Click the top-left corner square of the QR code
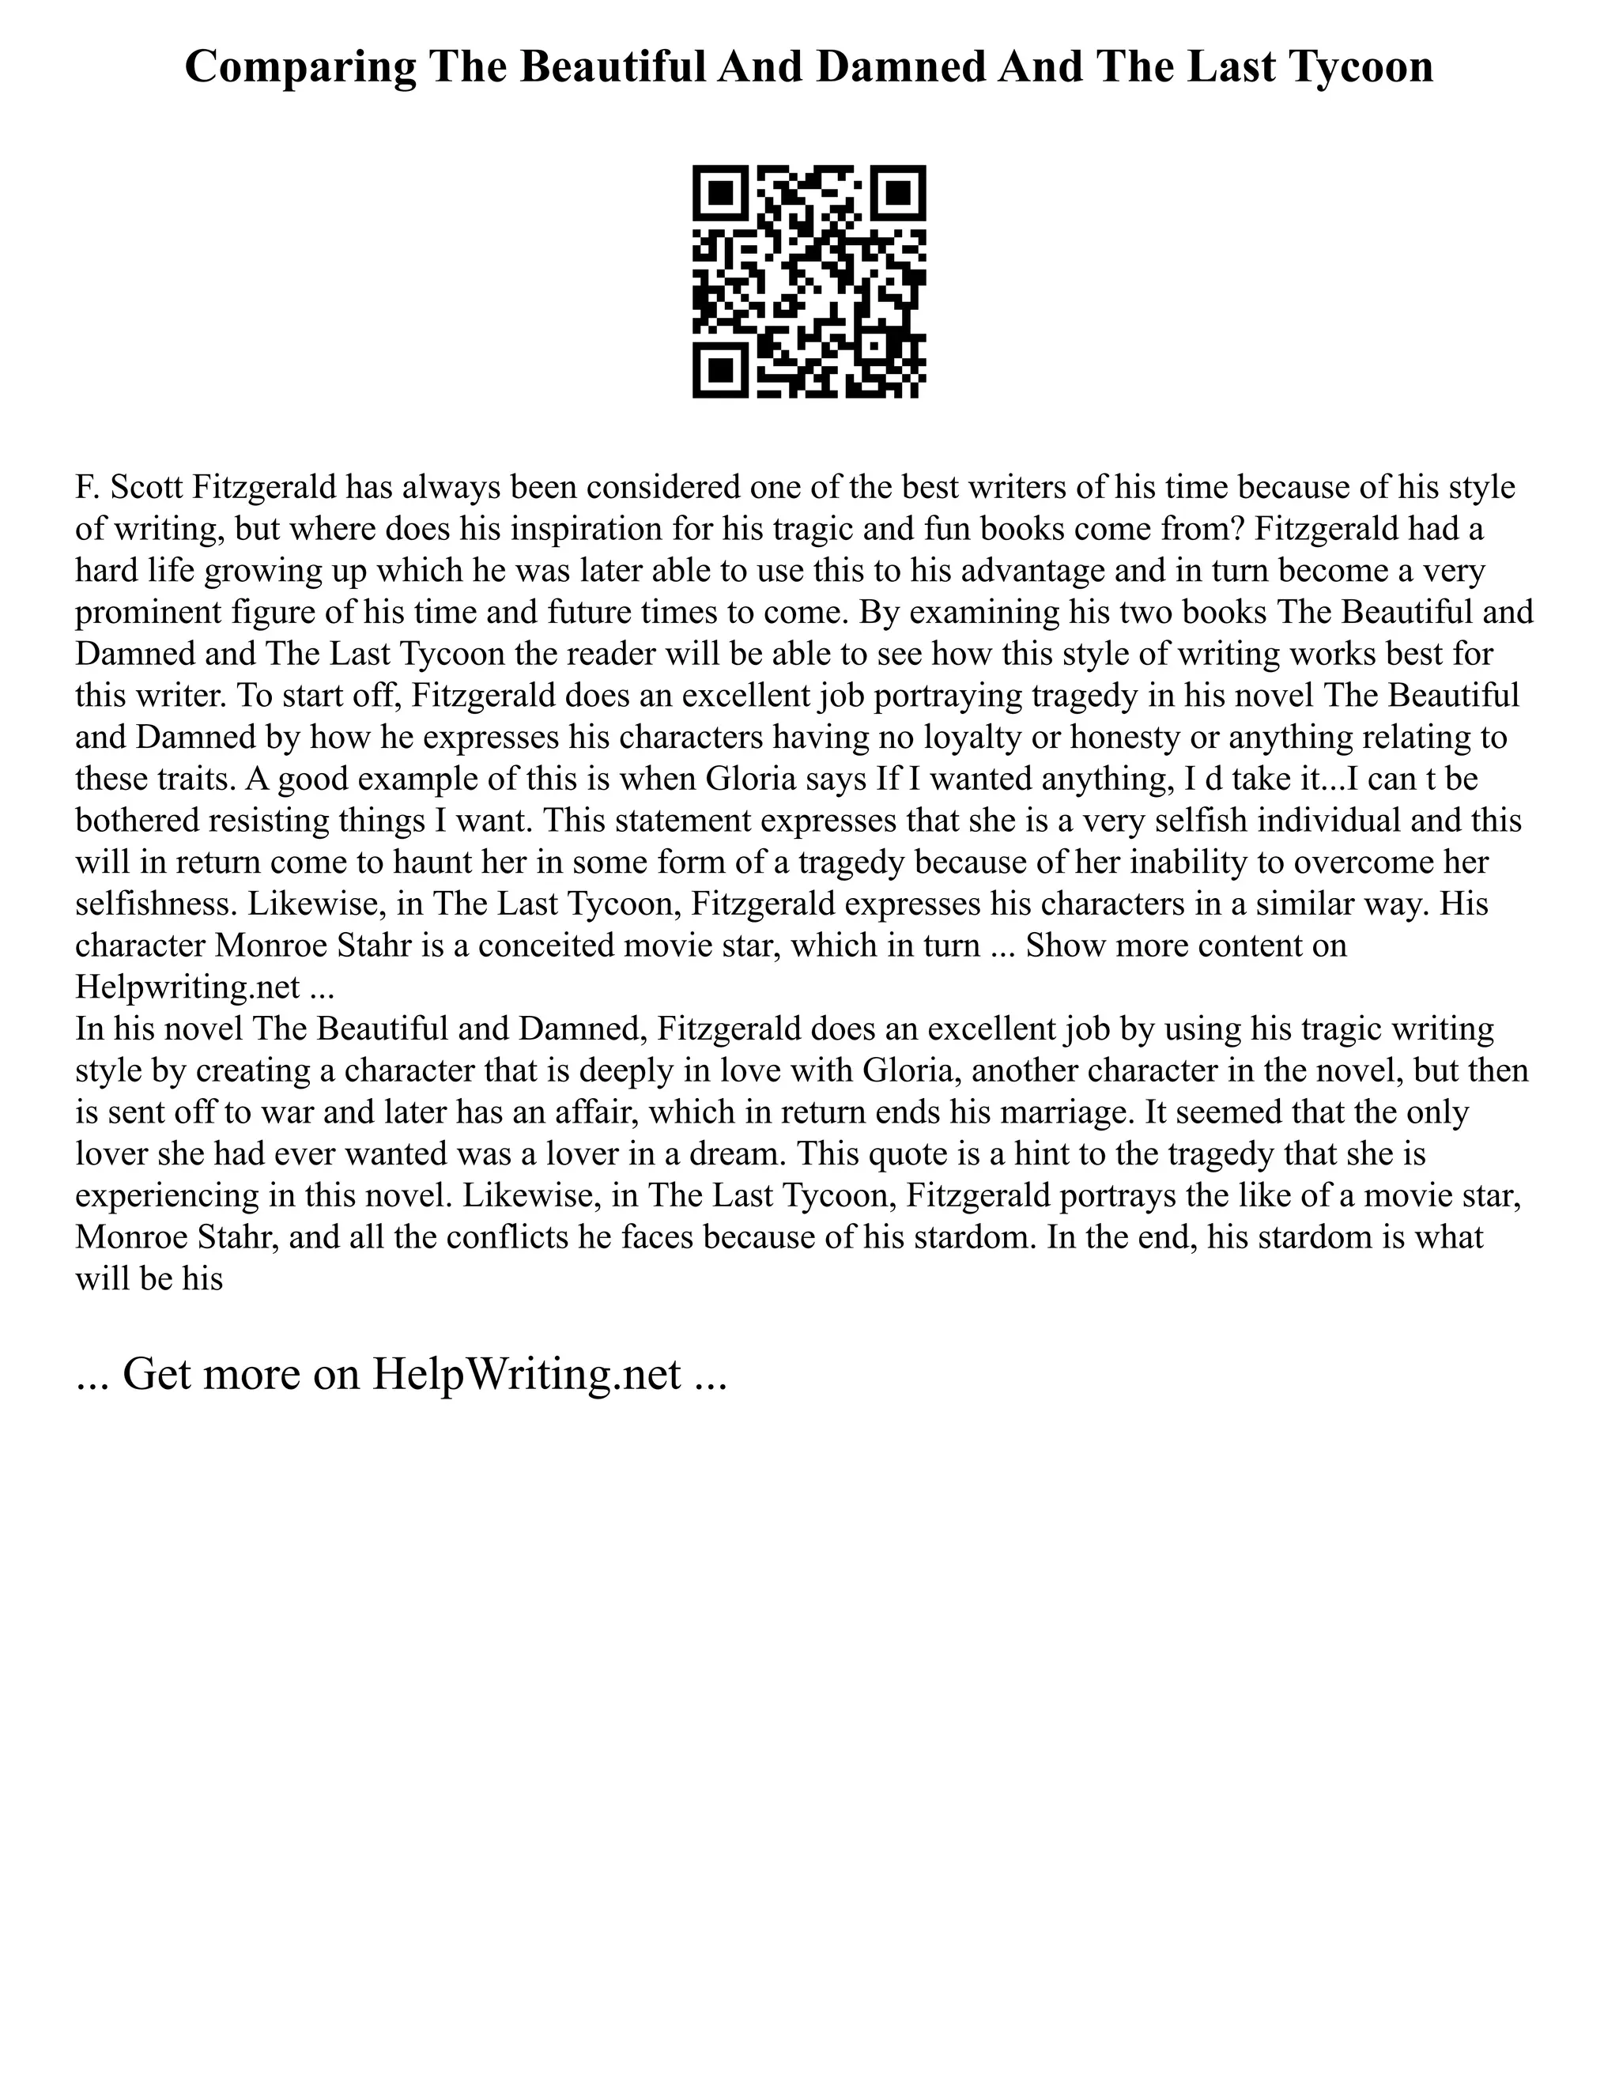click(720, 193)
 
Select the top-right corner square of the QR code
click(898, 193)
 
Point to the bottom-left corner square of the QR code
click(720, 370)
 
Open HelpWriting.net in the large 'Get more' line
click(526, 1374)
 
